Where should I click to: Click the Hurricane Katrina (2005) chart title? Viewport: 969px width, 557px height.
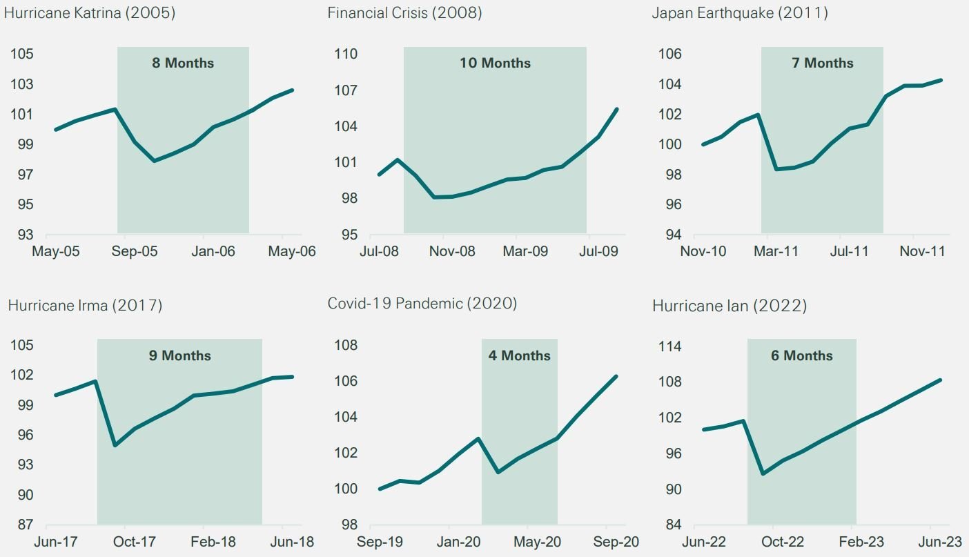(x=90, y=13)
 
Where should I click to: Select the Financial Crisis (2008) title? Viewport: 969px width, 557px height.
(x=404, y=13)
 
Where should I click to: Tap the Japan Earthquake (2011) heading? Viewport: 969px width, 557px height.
(x=740, y=13)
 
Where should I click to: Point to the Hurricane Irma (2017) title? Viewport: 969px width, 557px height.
(x=85, y=305)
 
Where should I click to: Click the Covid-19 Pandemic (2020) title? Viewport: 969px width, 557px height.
(x=422, y=304)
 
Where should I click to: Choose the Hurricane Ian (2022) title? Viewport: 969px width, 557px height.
(x=730, y=305)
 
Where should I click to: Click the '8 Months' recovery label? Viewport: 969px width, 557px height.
(x=183, y=63)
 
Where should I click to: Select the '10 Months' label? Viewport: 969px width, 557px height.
(x=495, y=63)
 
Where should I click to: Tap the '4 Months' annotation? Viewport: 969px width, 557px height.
(x=520, y=355)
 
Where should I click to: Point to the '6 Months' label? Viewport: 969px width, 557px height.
(x=802, y=355)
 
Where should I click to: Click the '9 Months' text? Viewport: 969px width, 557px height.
(x=179, y=355)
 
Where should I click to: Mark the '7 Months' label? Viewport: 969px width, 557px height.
(x=822, y=63)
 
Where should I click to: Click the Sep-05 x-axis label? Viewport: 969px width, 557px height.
(x=135, y=251)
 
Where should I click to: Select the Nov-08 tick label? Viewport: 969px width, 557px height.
(x=452, y=251)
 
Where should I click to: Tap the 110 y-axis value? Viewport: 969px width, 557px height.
(x=345, y=55)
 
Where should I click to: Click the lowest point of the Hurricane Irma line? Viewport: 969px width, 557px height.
(x=115, y=445)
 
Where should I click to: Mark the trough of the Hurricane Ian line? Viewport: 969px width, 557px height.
(x=763, y=473)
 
